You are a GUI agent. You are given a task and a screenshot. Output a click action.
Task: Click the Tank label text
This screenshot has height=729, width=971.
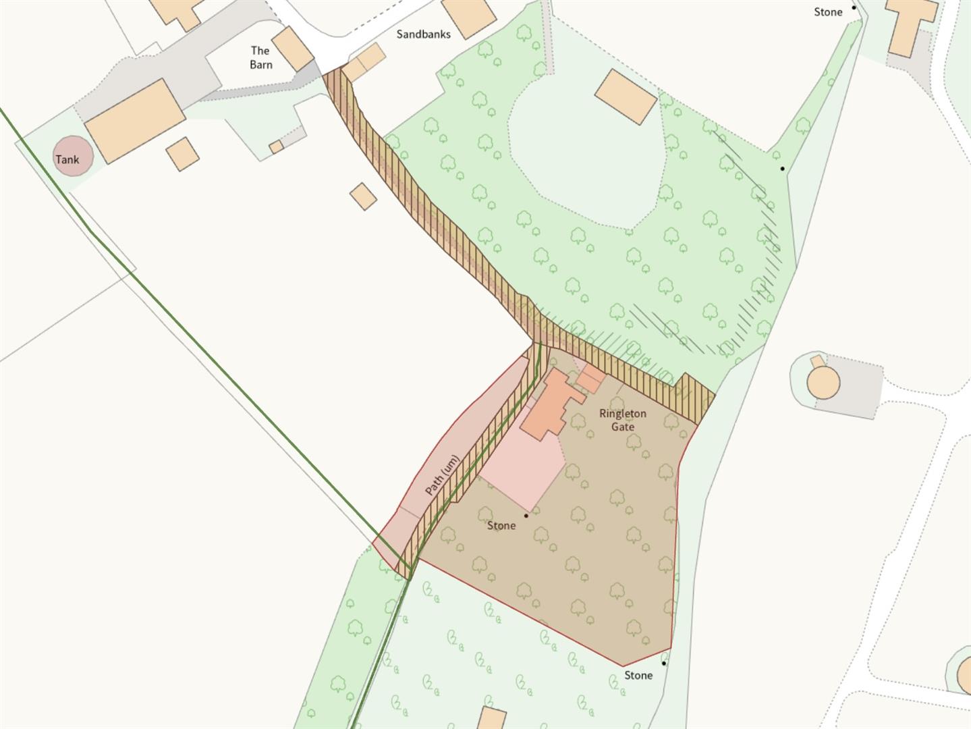[67, 160]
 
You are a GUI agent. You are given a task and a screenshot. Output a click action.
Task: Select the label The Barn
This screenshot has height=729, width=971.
[260, 58]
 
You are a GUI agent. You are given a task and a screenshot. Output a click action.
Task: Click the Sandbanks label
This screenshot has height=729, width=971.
[423, 34]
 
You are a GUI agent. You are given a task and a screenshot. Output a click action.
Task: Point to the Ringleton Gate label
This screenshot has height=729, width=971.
[622, 420]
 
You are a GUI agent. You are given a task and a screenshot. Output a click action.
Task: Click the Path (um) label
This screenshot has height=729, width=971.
[443, 476]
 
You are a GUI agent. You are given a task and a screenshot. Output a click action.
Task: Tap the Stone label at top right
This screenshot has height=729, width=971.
[828, 12]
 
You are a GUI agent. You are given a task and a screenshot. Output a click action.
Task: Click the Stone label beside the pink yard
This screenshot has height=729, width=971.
[501, 526]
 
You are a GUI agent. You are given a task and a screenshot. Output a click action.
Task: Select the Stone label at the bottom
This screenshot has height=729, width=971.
[638, 676]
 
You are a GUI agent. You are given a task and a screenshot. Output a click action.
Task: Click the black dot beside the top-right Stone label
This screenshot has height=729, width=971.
[854, 7]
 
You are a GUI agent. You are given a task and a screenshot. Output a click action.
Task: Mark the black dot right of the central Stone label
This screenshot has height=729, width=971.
[526, 516]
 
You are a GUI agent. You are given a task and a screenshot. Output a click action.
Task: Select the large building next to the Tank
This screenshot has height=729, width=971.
[135, 121]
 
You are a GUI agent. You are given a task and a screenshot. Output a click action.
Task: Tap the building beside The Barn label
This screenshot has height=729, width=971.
[293, 49]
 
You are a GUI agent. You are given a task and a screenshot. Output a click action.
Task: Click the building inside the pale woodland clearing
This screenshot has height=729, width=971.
[626, 97]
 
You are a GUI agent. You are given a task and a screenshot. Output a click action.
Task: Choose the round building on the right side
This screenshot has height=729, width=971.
[823, 382]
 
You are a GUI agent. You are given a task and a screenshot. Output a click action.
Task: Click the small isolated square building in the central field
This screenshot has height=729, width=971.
[363, 196]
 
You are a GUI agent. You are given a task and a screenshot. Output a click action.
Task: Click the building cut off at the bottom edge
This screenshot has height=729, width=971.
[493, 718]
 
